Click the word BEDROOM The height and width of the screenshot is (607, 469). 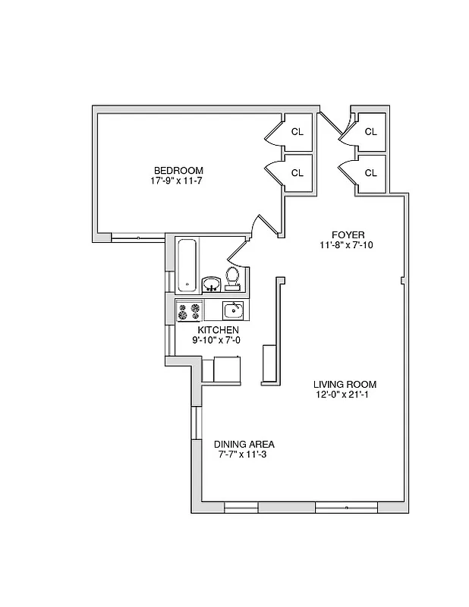178,170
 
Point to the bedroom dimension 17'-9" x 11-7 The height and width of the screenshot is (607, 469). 178,181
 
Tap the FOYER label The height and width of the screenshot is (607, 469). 348,234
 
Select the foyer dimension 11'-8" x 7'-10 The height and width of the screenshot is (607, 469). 348,245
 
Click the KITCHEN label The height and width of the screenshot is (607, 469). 219,330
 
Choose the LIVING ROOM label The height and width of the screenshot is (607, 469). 345,384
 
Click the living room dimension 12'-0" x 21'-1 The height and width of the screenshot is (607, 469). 345,395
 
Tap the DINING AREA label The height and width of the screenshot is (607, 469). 244,444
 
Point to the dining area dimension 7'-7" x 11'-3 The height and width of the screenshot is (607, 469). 244,454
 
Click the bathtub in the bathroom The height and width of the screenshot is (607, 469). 187,265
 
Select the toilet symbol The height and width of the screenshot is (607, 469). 234,278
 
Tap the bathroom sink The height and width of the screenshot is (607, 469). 212,285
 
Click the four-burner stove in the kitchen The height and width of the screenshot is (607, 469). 190,310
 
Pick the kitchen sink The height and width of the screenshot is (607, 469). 232,310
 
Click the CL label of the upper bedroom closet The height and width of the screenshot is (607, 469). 297,131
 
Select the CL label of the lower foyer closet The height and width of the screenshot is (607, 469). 370,173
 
